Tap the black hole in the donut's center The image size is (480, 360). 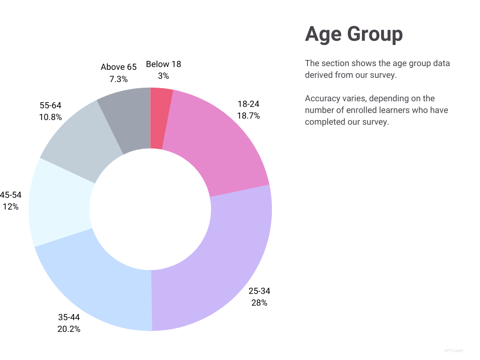(x=150, y=209)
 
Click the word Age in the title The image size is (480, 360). (x=322, y=34)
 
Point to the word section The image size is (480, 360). (x=335, y=63)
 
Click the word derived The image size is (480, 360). (x=318, y=75)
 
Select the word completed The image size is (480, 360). (x=324, y=122)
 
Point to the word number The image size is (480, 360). (x=318, y=111)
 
